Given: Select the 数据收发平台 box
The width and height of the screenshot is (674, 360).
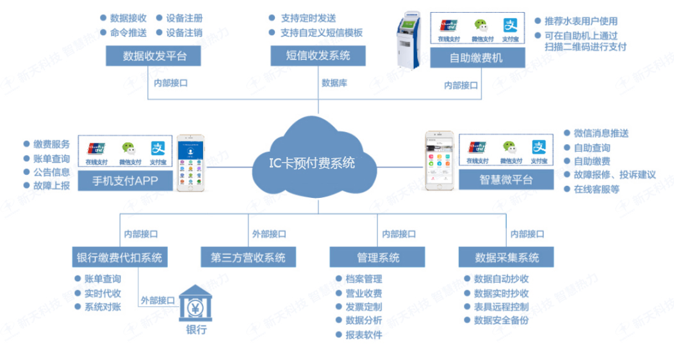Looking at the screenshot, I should pos(154,56).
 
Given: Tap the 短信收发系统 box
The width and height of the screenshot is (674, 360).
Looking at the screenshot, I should pos(318,56).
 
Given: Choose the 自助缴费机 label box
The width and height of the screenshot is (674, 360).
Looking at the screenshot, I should pos(477,58).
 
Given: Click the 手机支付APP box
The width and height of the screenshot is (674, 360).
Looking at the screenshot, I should pos(126,181).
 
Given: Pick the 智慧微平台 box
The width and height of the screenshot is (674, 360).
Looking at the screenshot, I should pos(505,180).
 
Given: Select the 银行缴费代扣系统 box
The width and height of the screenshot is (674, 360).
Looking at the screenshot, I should pos(119,258).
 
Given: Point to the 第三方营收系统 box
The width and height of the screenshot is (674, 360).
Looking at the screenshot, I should pos(248,258).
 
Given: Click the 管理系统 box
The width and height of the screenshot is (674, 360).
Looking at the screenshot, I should pos(377,258).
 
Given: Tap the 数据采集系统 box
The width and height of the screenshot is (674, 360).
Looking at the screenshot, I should pos(506,258).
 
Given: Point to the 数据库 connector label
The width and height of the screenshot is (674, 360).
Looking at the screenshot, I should pos(334,83).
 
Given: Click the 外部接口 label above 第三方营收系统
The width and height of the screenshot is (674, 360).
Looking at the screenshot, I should pos(269,234).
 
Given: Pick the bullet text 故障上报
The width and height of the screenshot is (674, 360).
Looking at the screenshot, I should pos(52,186).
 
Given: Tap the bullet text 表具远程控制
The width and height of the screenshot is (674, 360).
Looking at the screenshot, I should pos(501,306).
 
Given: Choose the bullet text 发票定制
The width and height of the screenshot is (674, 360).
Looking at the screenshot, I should pos(363,307).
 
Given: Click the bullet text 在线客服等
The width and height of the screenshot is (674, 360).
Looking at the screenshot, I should pos(596,189).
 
